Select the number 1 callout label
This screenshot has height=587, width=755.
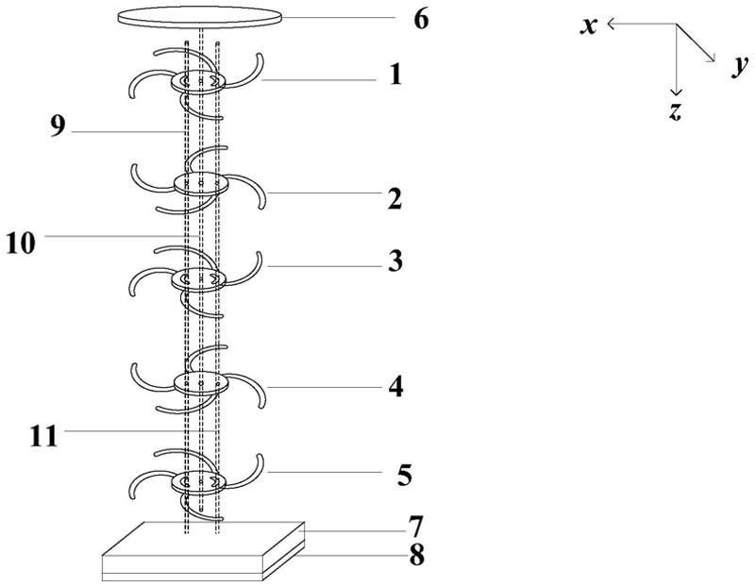[396, 75]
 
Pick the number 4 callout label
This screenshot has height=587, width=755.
[396, 386]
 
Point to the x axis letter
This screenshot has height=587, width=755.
[589, 25]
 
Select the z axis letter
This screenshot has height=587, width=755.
[675, 111]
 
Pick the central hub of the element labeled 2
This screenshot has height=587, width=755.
[201, 183]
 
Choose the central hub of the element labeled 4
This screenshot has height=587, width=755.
[201, 383]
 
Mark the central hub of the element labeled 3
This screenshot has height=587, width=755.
[200, 279]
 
